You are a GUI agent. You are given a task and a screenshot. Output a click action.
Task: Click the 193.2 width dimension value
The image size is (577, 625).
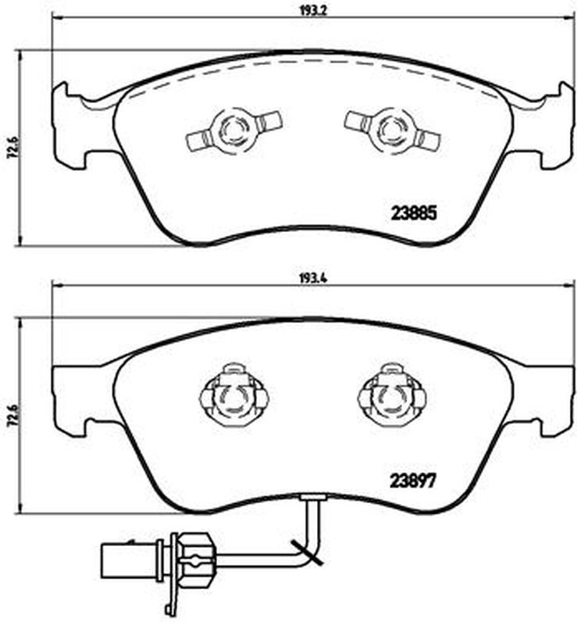pyautogui.click(x=313, y=11)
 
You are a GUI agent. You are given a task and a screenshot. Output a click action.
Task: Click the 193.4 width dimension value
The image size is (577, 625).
pyautogui.click(x=313, y=279)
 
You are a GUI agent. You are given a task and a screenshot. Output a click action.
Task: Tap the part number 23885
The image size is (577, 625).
pyautogui.click(x=414, y=213)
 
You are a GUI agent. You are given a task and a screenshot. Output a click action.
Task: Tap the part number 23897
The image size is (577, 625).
pyautogui.click(x=413, y=480)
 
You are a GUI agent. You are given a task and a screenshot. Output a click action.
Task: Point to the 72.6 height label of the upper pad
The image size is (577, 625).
pyautogui.click(x=11, y=148)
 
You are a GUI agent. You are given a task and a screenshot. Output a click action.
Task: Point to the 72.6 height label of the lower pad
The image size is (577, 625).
pyautogui.click(x=11, y=416)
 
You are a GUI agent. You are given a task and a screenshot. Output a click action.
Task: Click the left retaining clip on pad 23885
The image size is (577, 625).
pyautogui.click(x=234, y=130)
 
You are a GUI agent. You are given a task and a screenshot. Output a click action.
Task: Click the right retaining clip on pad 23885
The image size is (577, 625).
pyautogui.click(x=393, y=130)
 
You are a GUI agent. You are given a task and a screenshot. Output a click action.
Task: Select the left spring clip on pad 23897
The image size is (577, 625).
pyautogui.click(x=234, y=395)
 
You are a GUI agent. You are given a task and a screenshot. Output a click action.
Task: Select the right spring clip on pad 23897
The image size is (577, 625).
pyautogui.click(x=392, y=395)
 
